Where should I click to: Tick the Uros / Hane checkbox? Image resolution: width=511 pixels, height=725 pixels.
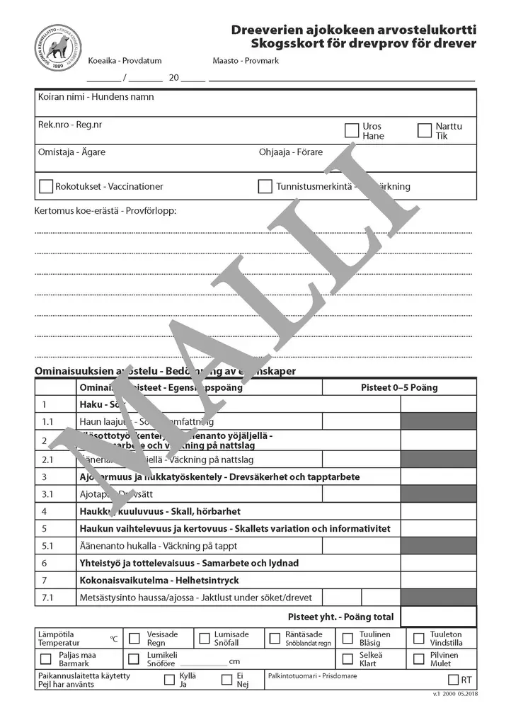(x=352, y=130)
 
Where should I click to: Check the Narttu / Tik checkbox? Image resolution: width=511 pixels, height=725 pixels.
(x=425, y=130)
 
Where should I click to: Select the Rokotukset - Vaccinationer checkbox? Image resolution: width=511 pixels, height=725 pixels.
(x=46, y=187)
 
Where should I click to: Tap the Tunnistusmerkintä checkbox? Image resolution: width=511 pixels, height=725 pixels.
(x=265, y=187)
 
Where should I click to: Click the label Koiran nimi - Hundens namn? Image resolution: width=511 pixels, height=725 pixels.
(x=96, y=97)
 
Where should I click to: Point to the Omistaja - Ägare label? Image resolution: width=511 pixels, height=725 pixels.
(x=71, y=152)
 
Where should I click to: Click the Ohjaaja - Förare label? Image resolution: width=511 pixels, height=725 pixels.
(x=291, y=152)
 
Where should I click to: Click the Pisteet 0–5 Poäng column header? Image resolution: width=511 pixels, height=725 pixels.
(x=399, y=387)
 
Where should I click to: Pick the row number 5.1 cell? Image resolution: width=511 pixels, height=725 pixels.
(x=48, y=546)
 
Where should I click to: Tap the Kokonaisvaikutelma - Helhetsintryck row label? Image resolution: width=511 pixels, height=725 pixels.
(x=159, y=581)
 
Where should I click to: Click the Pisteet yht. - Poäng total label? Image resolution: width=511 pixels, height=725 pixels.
(x=340, y=617)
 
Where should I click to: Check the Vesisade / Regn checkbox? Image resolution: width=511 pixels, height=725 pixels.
(x=134, y=638)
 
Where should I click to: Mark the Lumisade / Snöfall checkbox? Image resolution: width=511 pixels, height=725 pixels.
(x=204, y=638)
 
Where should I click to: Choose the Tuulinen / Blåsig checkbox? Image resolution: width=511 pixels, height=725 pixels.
(x=348, y=638)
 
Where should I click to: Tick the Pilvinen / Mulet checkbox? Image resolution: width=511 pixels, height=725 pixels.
(x=418, y=658)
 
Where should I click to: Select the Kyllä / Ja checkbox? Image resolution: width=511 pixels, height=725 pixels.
(x=169, y=680)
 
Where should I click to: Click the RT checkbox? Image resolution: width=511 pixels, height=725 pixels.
(x=453, y=680)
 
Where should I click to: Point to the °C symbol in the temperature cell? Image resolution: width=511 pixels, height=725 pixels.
(x=113, y=639)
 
